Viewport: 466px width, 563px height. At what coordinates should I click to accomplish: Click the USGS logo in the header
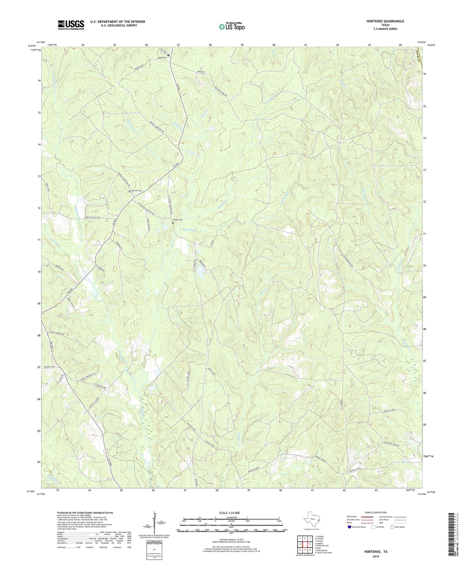point(71,25)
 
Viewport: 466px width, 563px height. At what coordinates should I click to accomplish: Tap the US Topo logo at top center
point(231,26)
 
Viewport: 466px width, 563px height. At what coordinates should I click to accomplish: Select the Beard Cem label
point(162,58)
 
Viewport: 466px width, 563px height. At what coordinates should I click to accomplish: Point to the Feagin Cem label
point(179,220)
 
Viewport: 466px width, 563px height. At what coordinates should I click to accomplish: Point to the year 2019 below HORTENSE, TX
point(376,556)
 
